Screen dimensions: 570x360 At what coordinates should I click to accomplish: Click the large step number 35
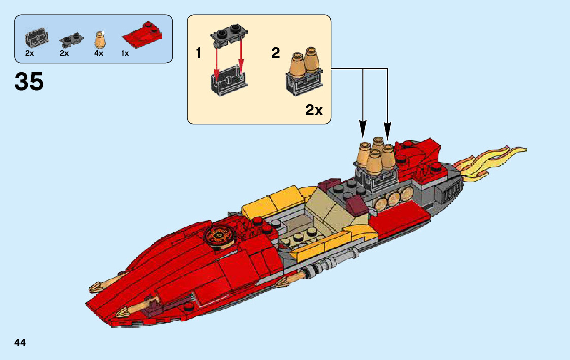tap(29, 82)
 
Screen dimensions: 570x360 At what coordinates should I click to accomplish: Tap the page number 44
tap(20, 343)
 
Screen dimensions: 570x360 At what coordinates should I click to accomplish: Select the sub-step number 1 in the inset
tap(199, 53)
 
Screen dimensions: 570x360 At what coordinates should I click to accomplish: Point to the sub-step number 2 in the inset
tap(275, 53)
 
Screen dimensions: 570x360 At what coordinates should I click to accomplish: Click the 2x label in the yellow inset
tap(314, 110)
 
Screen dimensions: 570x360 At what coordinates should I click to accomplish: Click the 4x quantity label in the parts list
tap(98, 53)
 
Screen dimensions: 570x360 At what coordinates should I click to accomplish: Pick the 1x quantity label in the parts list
tap(125, 53)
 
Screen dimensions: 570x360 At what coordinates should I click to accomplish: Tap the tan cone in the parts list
tap(100, 39)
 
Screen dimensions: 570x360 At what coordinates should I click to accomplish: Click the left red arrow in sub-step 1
tap(217, 61)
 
